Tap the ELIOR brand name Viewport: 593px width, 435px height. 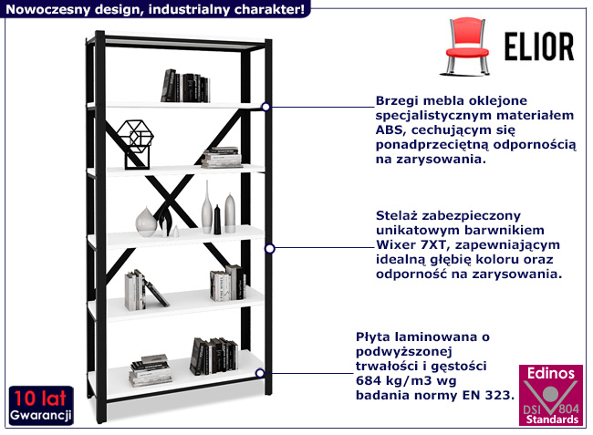(538, 46)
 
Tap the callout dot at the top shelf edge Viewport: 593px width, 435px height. (265, 106)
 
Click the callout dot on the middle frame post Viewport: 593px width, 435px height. (270, 247)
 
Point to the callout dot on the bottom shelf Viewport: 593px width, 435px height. (261, 372)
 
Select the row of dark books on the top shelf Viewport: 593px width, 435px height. (185, 87)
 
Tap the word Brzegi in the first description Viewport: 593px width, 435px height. (398, 100)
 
